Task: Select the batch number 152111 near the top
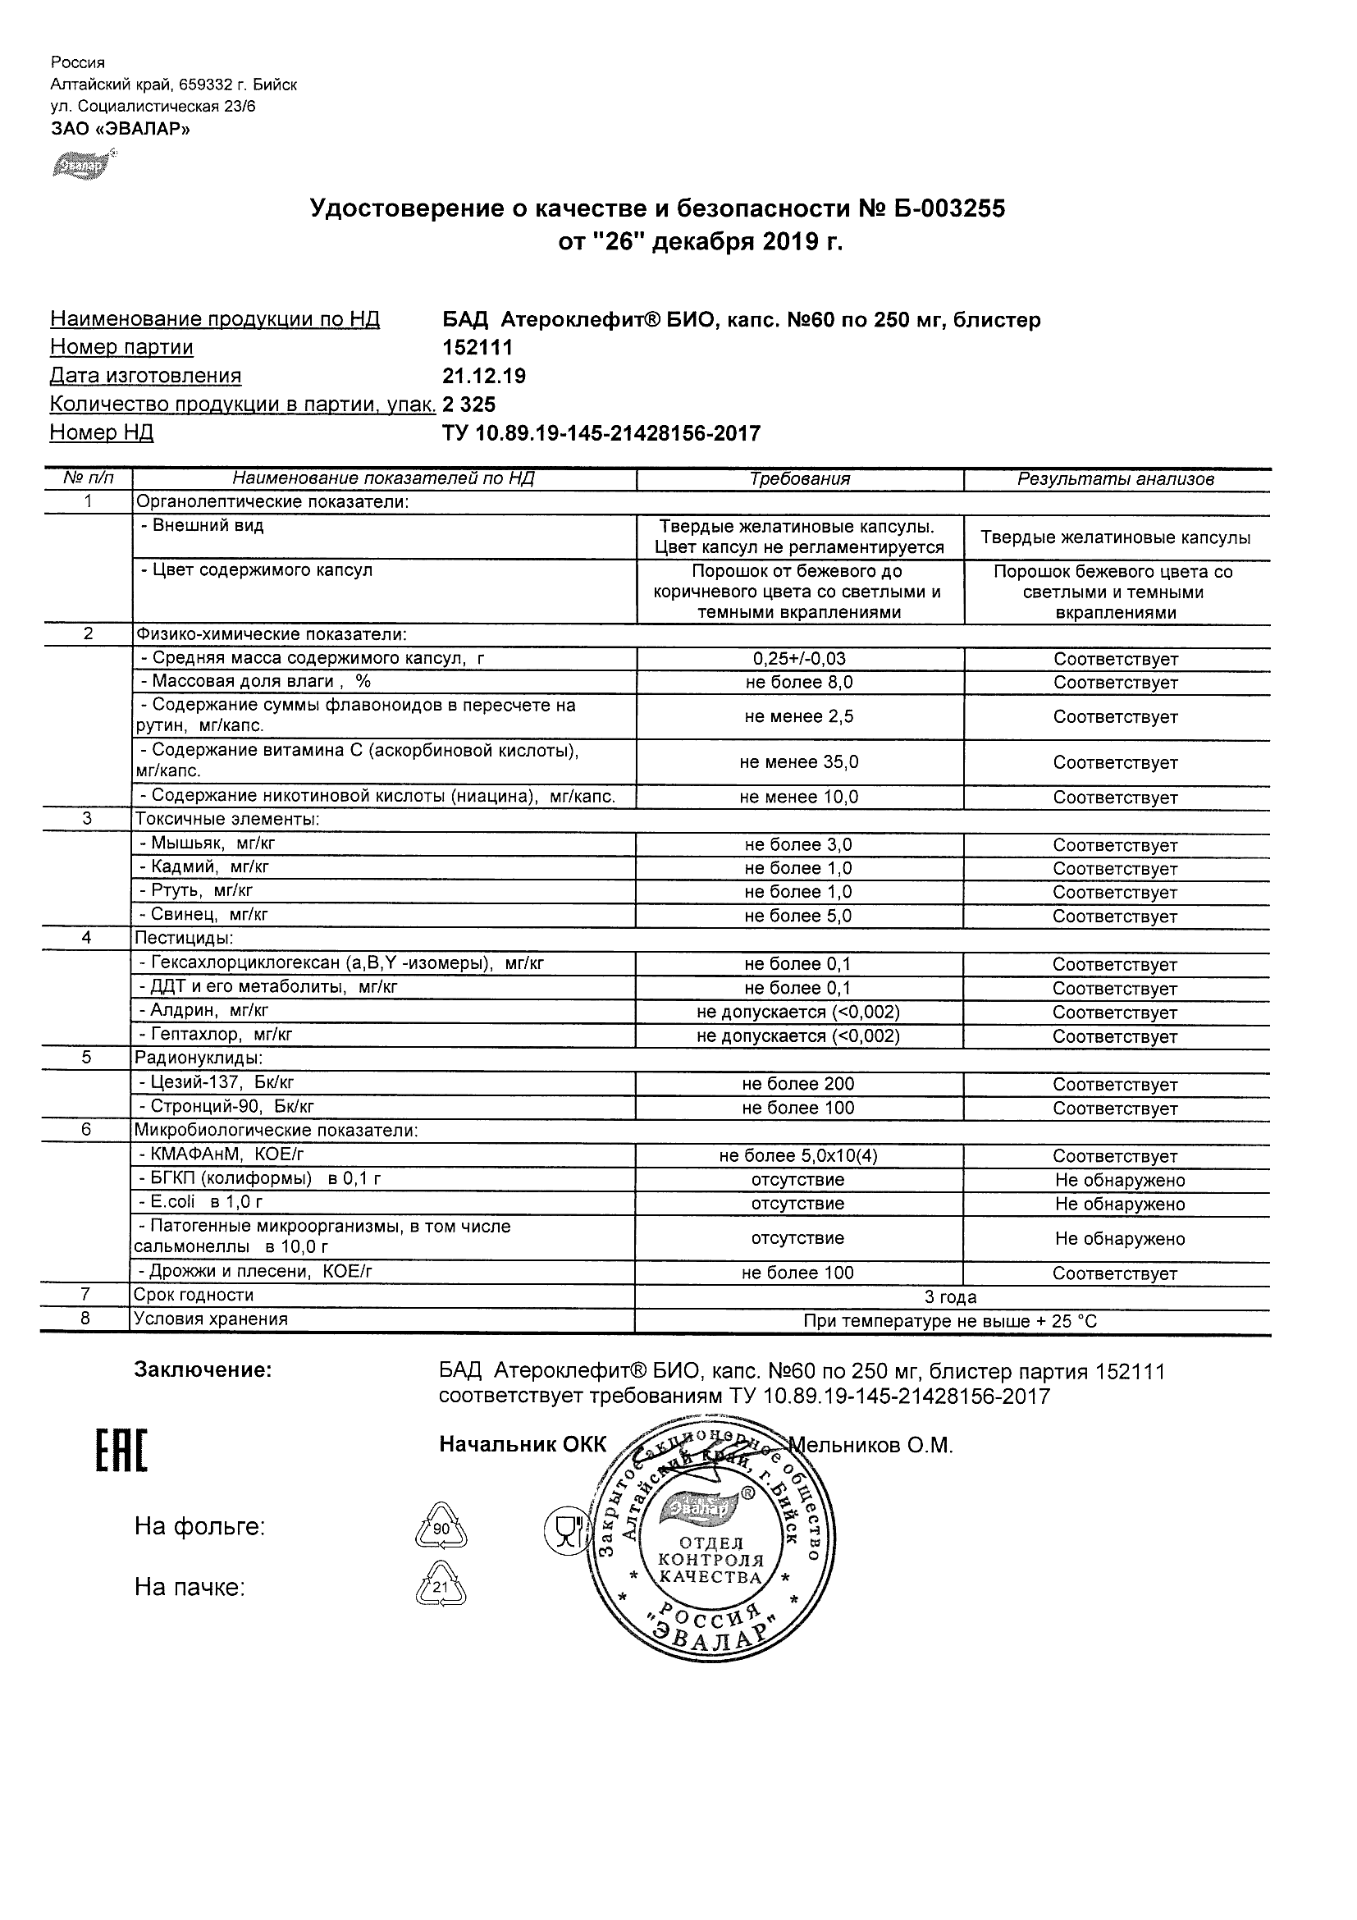click(x=477, y=347)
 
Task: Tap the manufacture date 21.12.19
click(x=484, y=376)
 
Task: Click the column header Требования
click(x=799, y=479)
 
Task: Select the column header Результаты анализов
click(x=1115, y=479)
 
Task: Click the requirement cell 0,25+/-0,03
click(x=799, y=659)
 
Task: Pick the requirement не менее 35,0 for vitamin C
click(x=799, y=761)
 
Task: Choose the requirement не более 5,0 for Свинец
click(x=798, y=916)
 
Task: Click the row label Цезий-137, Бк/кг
click(x=217, y=1083)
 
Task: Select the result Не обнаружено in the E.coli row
click(x=1120, y=1205)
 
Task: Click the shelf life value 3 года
click(x=951, y=1297)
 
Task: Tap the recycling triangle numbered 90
click(x=441, y=1526)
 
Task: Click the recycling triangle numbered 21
click(x=441, y=1585)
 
